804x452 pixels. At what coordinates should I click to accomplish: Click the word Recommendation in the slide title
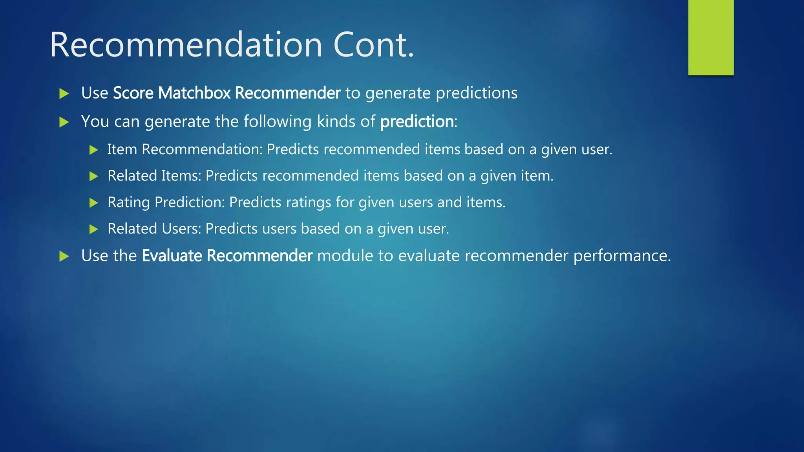tap(186, 45)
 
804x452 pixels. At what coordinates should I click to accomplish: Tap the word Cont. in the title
tap(373, 45)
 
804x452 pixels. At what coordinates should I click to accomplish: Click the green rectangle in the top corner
tap(711, 38)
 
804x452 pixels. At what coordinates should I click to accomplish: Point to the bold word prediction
tap(417, 122)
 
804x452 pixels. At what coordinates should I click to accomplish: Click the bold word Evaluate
tap(172, 256)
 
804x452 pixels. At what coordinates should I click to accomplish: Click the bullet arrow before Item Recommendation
tap(93, 150)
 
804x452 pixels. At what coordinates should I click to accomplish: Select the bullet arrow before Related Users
tap(93, 229)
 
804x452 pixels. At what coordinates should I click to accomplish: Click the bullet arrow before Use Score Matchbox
tap(64, 93)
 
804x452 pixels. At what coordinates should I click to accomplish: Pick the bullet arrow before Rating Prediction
tap(93, 203)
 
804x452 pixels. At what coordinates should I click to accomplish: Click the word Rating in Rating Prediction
tap(129, 202)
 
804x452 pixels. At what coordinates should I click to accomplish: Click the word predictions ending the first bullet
tap(477, 93)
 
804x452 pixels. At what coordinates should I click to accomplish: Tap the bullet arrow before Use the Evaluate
tap(64, 256)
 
